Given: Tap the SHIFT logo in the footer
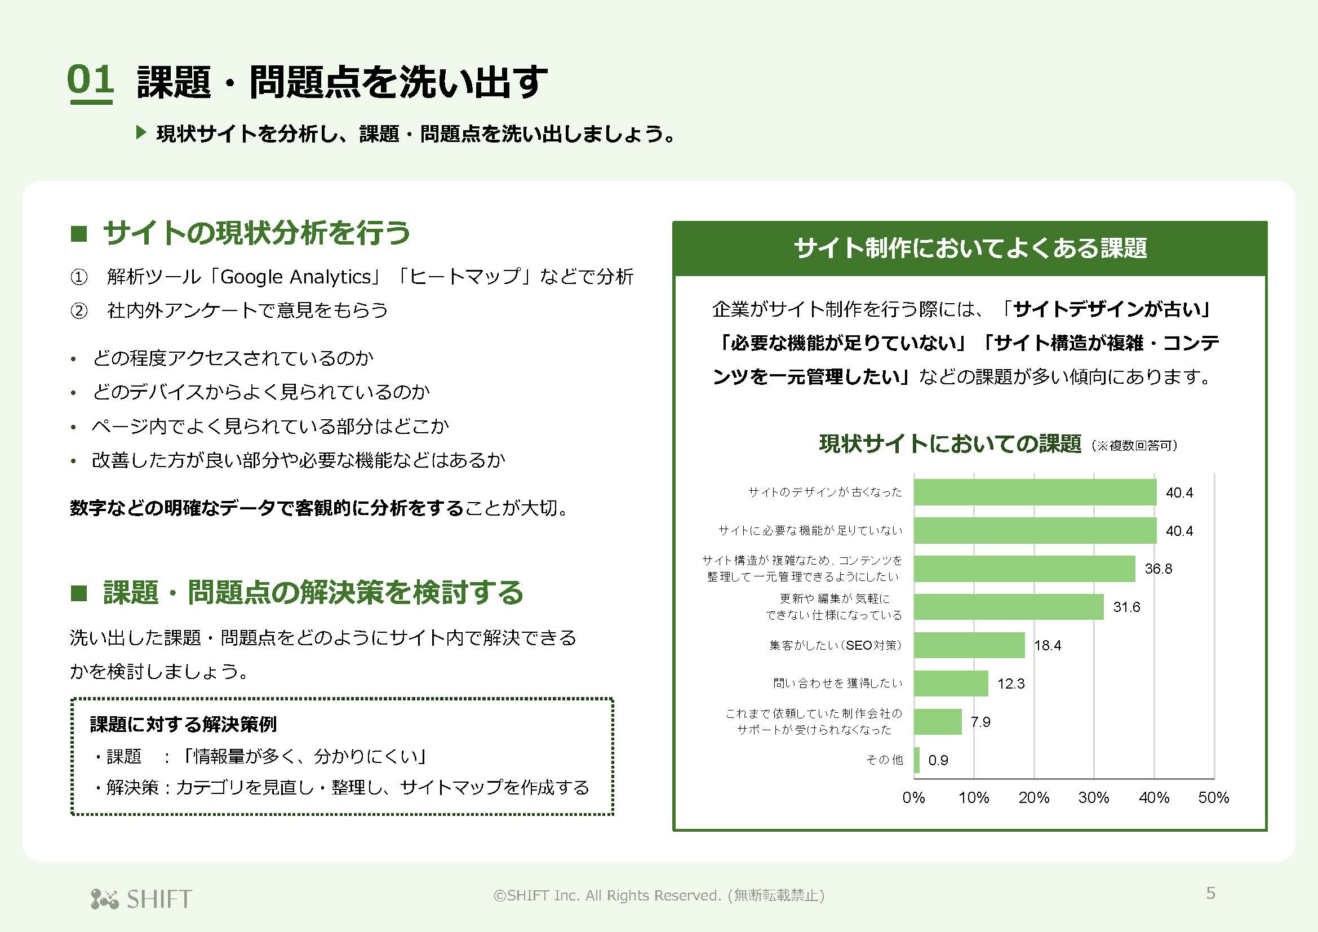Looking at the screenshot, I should pos(141,899).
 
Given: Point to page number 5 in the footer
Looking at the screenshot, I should pos(1210,893).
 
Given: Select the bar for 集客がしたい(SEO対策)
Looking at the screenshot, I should pos(969,645).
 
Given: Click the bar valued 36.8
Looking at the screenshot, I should pos(1024,569).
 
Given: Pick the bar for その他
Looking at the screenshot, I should pos(917,760).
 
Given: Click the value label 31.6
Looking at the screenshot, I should pos(1126,607).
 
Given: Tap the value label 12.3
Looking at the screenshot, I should pos(1011,684).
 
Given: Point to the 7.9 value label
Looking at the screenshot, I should pos(980,722).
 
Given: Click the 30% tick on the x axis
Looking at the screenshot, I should pos(1094,797).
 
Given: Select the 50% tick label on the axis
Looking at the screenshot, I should pos(1214,797).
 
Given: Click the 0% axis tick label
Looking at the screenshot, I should pos(913,797).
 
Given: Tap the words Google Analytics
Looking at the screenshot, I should pos(296,277).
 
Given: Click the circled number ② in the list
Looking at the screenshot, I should pos(79,310).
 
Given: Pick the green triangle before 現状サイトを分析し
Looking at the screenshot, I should pos(141,133).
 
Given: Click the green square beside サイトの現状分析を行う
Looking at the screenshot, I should pos(79,234).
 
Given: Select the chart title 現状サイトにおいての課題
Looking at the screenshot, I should pos(950,443).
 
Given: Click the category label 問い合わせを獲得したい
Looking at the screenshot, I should pos(837,683).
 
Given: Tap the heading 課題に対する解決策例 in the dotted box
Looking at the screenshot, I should pos(183,724).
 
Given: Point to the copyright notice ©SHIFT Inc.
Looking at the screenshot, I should pos(658,895).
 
